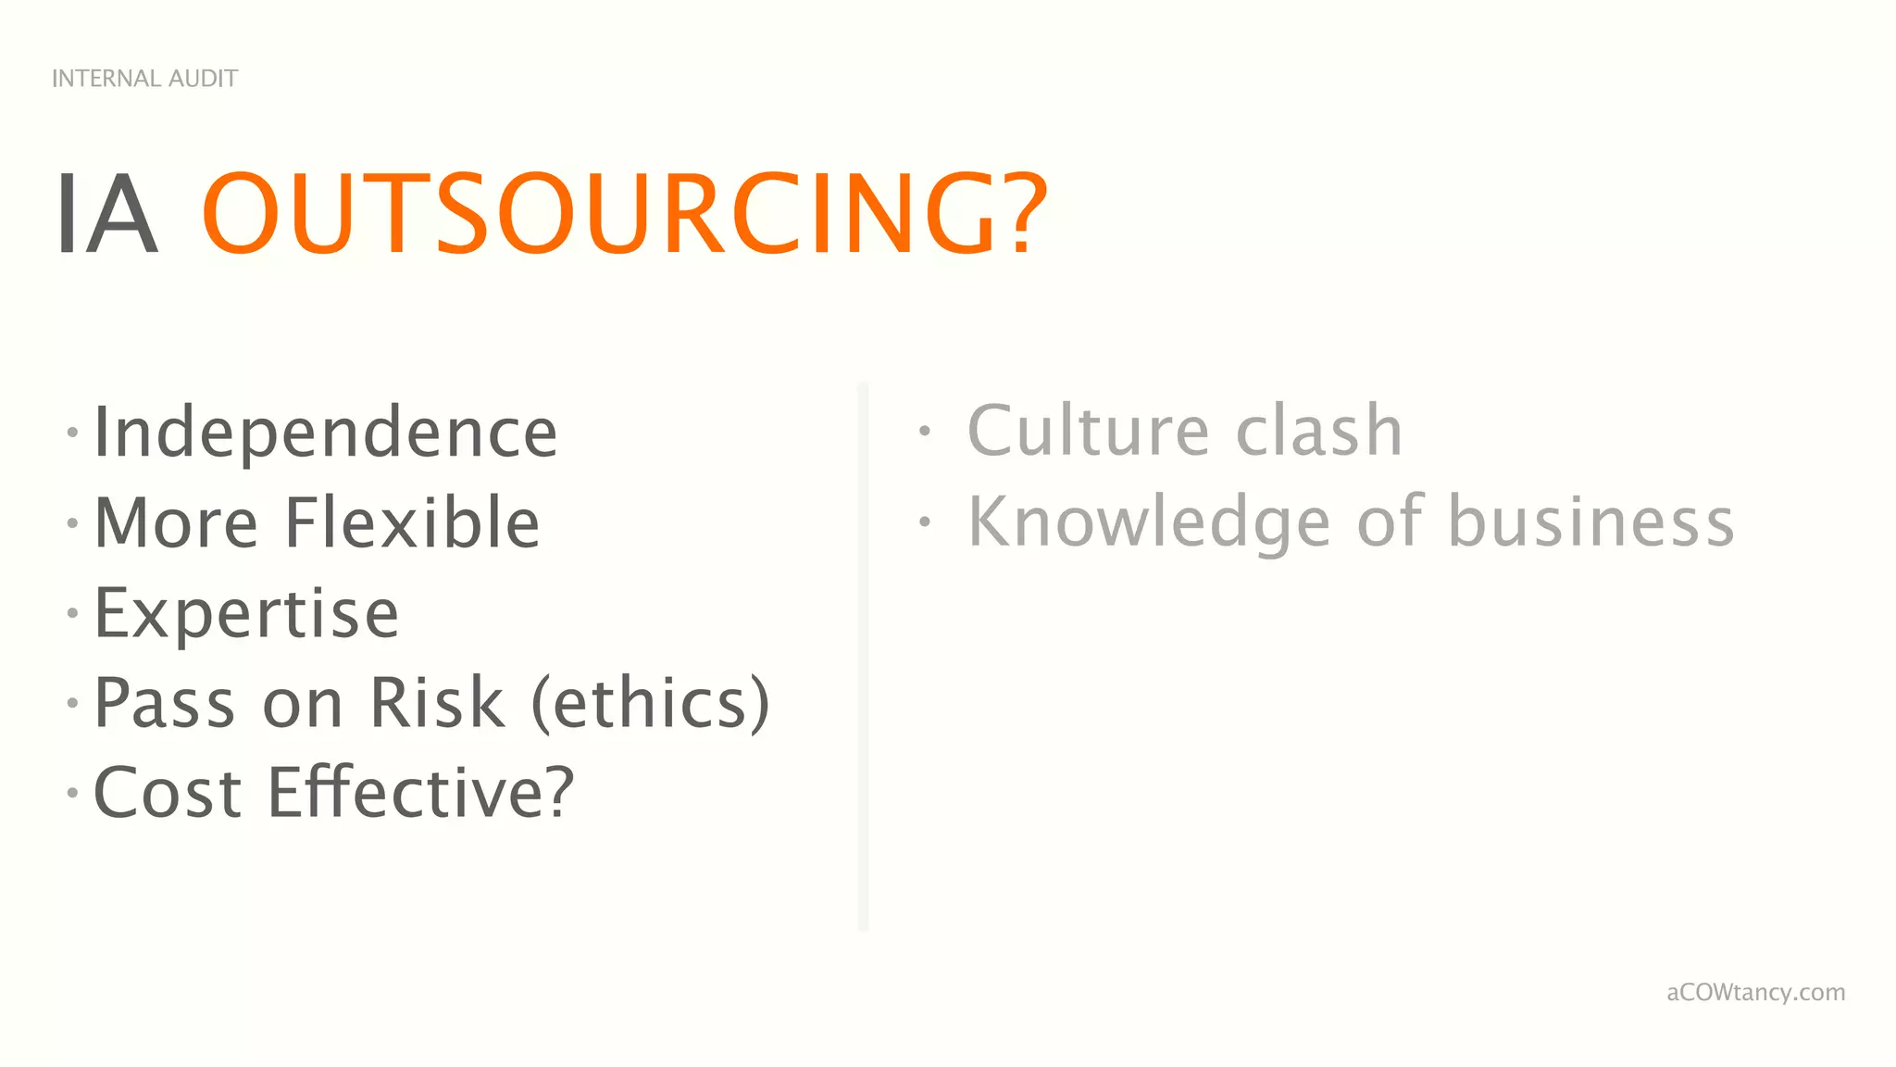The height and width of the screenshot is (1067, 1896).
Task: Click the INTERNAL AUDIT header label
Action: (x=144, y=79)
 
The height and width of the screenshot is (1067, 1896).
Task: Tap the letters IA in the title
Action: (x=106, y=215)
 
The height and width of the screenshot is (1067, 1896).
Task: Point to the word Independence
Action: (x=326, y=433)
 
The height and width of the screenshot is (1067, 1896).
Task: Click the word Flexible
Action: (x=412, y=522)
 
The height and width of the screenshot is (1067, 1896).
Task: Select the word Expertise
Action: (x=246, y=613)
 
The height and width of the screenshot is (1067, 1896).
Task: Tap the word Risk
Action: (x=437, y=703)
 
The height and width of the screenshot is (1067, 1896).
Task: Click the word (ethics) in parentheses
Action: (x=650, y=703)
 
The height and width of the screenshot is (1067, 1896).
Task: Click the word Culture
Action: (x=1089, y=432)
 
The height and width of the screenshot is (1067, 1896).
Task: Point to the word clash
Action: (x=1319, y=432)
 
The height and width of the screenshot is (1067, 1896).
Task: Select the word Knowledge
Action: (x=1149, y=522)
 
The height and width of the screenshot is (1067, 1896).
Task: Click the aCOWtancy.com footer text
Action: (x=1755, y=993)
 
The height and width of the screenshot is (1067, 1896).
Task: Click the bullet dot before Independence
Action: (x=72, y=433)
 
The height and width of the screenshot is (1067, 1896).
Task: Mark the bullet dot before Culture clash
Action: (x=924, y=431)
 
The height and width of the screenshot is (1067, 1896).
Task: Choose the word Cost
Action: (x=168, y=794)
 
